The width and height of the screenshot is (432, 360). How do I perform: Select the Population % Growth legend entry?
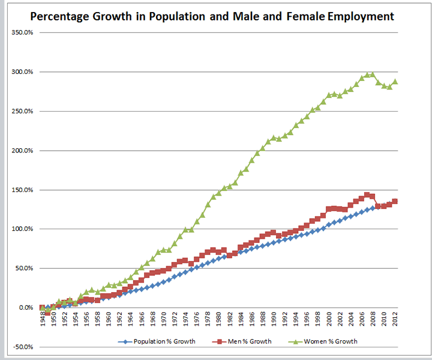tap(154, 341)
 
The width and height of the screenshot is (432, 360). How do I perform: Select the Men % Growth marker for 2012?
tap(395, 201)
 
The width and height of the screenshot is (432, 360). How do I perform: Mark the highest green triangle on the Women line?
tap(373, 74)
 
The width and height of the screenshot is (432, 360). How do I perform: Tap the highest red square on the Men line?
tap(367, 194)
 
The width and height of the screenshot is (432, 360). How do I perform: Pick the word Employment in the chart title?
tap(361, 17)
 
